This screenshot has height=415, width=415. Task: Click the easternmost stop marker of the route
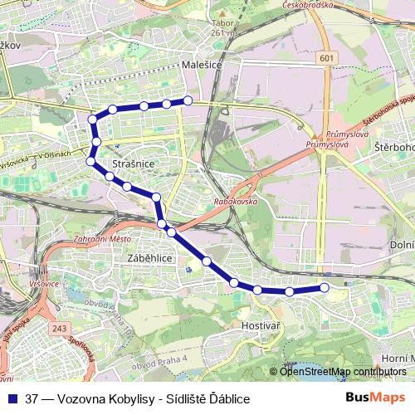[324, 288]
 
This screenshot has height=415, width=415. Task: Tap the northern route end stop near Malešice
[188, 100]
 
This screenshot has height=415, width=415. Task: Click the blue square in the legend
[13, 398]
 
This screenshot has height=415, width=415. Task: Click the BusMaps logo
[375, 398]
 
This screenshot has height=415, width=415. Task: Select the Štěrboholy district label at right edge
[393, 147]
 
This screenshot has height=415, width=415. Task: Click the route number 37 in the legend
[32, 398]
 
